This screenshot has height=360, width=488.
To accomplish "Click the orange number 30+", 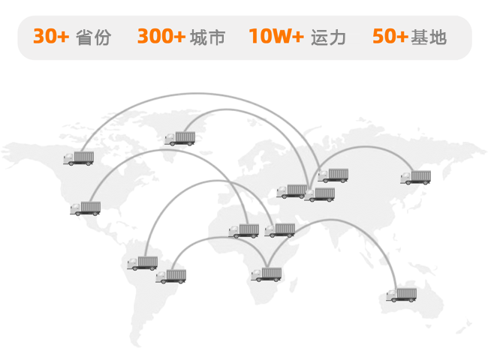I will tap(51, 37).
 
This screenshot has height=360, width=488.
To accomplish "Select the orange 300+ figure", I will tap(161, 37).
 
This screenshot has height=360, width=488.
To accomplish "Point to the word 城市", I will tap(208, 37).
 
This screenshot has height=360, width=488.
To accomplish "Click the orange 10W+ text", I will tap(276, 37).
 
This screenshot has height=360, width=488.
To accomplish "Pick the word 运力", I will tap(329, 37).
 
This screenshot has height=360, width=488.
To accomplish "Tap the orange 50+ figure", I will tap(390, 37).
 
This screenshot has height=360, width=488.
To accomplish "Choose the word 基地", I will tap(429, 37).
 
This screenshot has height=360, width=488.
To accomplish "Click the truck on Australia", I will tap(402, 294).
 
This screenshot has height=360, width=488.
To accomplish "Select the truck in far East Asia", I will tap(416, 178).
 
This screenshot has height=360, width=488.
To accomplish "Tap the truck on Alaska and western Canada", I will tap(79, 157).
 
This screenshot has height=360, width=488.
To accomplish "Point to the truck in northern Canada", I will tap(180, 138).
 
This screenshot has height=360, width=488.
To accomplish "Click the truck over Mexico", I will tap(86, 208).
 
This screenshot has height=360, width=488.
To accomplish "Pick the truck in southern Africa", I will tap(267, 274).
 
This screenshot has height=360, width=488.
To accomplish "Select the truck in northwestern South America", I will tap(143, 263).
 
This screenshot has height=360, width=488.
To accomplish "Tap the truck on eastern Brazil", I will tap(171, 276).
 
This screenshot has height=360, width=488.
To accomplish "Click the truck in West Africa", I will tap(244, 231).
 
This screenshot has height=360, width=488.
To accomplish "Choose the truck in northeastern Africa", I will tap(280, 230).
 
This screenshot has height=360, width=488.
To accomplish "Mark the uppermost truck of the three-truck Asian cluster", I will tap(333, 175).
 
